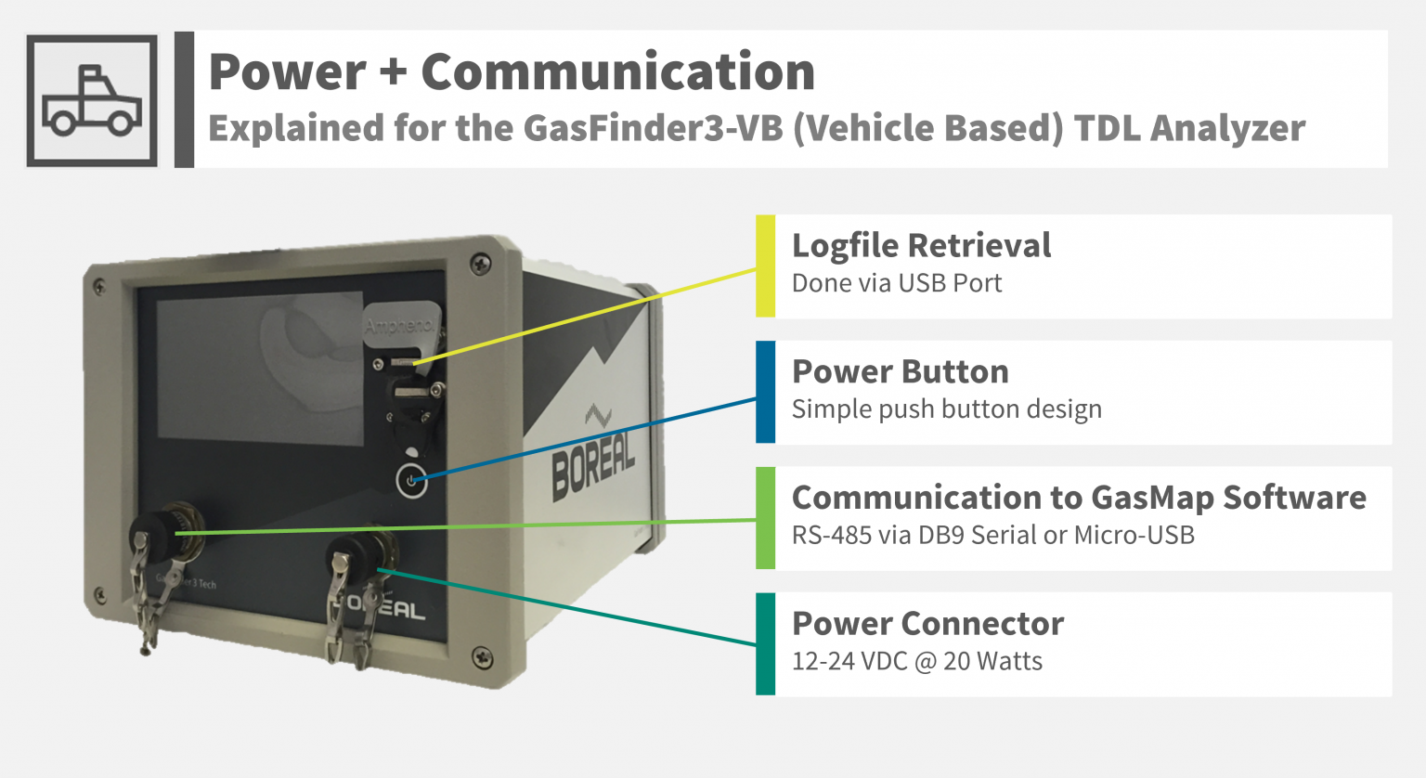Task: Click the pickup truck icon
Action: (92, 101)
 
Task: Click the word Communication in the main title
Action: (618, 71)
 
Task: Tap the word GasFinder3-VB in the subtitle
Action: (654, 127)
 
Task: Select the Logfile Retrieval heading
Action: (921, 246)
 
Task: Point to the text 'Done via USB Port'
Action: (896, 283)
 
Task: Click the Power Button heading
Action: (901, 371)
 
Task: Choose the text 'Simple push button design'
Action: (947, 408)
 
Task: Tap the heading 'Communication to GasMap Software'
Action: (1079, 498)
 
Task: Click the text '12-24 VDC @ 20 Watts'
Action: (916, 661)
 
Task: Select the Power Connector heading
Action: (927, 623)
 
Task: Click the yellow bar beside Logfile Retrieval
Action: (765, 266)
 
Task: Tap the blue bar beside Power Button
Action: (765, 392)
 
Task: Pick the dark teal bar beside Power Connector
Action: (765, 643)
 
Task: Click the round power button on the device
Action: (412, 480)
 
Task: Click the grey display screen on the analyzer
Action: (260, 368)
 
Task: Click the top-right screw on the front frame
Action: (481, 263)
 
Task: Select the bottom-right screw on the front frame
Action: (483, 656)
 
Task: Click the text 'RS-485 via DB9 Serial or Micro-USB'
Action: (993, 536)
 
